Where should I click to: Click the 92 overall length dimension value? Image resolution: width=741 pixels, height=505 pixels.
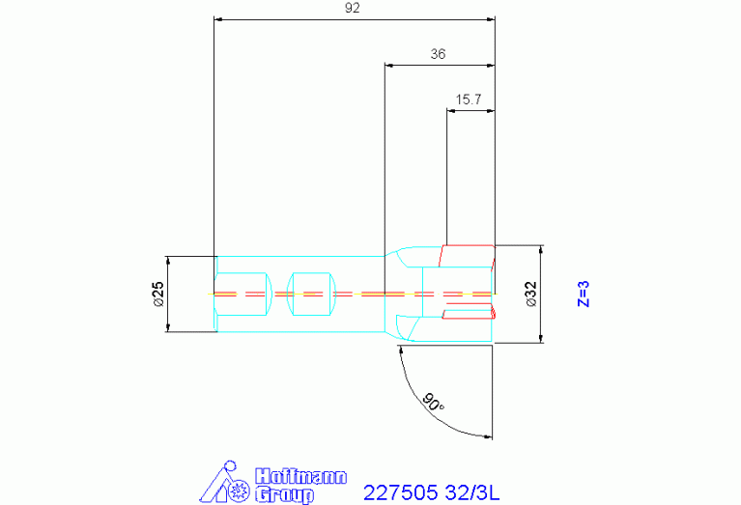tap(353, 8)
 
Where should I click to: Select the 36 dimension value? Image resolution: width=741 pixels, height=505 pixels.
tap(438, 54)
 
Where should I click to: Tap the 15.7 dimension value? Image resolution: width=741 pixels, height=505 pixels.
tap(469, 99)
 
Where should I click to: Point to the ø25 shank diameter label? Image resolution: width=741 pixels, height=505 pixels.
tap(158, 294)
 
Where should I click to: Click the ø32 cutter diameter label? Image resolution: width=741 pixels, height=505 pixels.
tap(531, 294)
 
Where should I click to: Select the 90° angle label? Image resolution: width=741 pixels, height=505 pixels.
tap(433, 402)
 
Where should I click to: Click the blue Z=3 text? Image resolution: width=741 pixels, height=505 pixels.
tap(584, 294)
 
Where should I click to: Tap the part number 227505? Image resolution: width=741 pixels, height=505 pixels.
tap(401, 492)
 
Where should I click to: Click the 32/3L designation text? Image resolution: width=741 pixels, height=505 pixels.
tap(472, 492)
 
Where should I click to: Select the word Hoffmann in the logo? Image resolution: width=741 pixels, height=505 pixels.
tap(301, 476)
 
